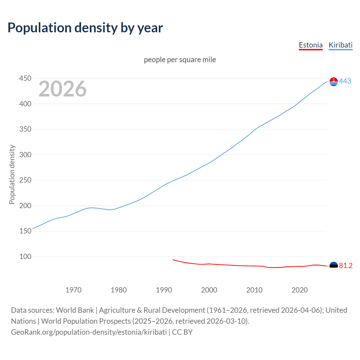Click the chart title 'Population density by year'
[85, 28]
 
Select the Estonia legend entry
[310, 45]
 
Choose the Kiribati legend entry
[340, 45]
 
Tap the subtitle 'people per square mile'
[180, 60]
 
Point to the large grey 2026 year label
[62, 89]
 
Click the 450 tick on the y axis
[25, 78]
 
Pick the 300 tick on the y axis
[25, 155]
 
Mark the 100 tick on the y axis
[25, 256]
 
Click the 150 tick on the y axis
[25, 231]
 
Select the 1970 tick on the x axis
[73, 290]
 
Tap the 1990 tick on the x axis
[164, 290]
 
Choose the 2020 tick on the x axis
[300, 290]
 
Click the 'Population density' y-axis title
[12, 174]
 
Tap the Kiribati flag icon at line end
[334, 82]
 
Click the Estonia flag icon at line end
[334, 266]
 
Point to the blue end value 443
[345, 81]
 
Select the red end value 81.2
[346, 266]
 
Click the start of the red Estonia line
[173, 260]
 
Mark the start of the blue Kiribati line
[33, 229]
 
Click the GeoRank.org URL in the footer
[89, 332]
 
